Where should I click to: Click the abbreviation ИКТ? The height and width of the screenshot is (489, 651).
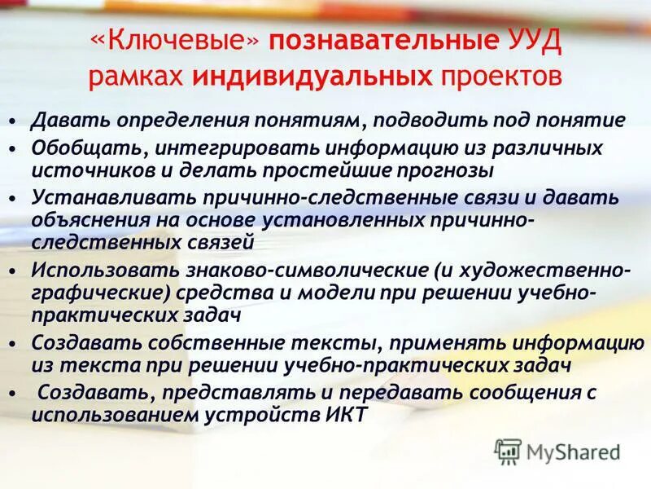345,414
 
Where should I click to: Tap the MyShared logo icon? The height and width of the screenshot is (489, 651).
507,451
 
